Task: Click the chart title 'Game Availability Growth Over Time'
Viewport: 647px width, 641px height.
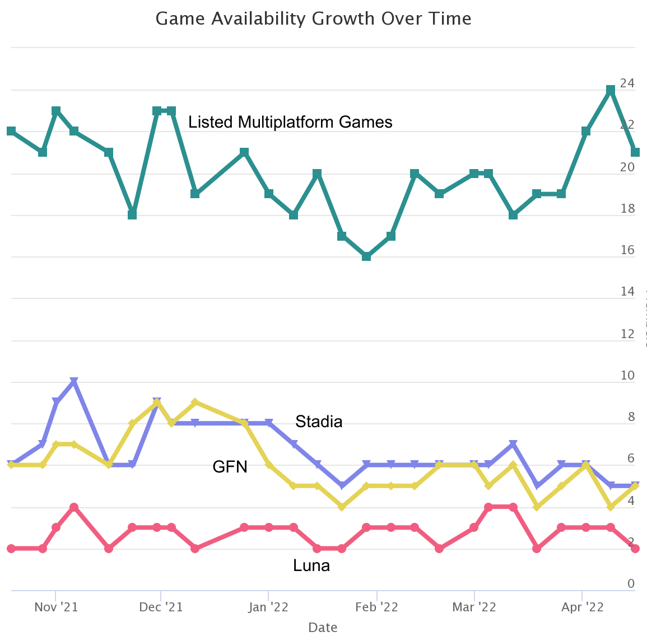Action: coord(313,18)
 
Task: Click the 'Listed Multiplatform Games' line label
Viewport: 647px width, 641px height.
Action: coord(290,122)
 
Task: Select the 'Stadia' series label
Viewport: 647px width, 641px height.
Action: coord(319,422)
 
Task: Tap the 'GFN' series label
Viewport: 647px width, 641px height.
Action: coord(230,466)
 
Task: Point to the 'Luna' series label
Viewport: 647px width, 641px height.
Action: coord(311,566)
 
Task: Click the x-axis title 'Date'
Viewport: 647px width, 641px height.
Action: coord(323,628)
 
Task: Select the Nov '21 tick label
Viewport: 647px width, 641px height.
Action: coord(56,607)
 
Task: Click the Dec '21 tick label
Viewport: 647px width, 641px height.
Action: coord(161,607)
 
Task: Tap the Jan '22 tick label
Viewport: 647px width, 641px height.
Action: coord(269,607)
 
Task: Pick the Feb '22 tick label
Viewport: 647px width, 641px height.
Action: coord(377,607)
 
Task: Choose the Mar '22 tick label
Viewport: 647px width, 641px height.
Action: coord(474,607)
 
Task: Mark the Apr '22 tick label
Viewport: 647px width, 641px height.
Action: coord(583,607)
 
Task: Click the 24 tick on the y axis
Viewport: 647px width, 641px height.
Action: coord(627,83)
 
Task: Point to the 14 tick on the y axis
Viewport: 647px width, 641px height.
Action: coord(627,292)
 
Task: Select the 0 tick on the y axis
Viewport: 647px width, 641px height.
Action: coord(631,584)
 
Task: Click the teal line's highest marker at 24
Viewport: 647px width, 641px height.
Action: coord(611,90)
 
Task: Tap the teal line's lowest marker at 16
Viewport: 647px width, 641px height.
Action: coord(366,256)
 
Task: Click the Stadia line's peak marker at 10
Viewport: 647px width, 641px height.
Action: coord(74,382)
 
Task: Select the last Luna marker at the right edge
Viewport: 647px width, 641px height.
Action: coord(635,549)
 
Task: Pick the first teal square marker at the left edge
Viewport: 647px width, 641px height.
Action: coord(11,131)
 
